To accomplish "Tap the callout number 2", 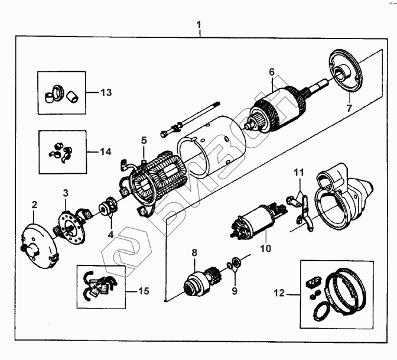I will (34, 205).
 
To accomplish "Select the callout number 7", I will (348, 108).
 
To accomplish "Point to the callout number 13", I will (106, 93).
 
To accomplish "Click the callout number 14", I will (105, 151).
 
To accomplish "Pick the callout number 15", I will (144, 291).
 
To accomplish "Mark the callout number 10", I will (266, 248).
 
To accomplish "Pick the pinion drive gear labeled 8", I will (197, 282).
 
